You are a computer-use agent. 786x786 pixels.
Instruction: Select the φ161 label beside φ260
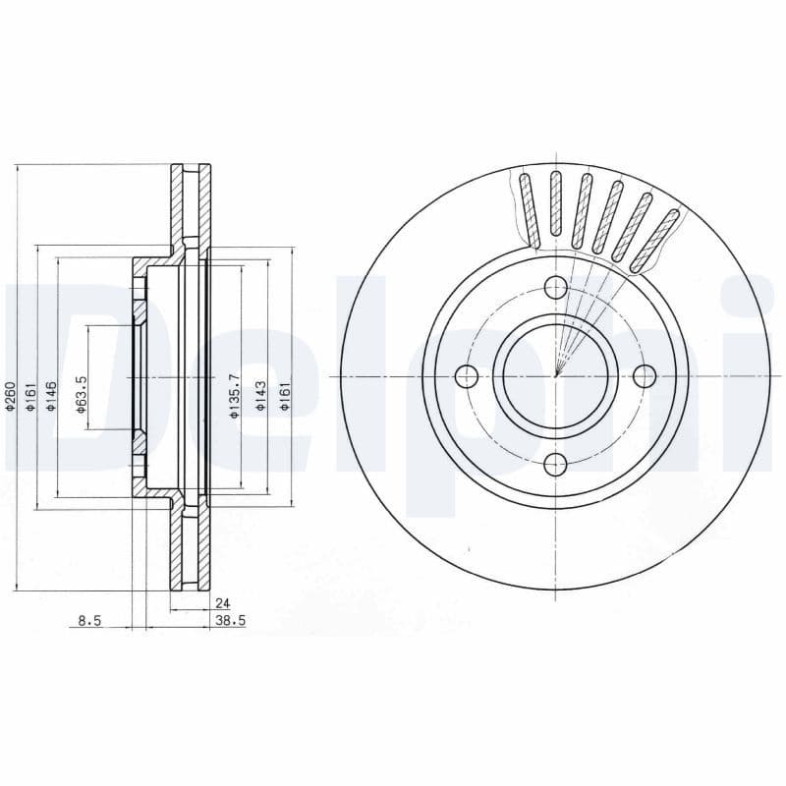tap(31, 397)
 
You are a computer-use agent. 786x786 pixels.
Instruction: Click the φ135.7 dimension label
tap(234, 396)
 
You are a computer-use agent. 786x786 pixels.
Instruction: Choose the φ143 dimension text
tap(260, 397)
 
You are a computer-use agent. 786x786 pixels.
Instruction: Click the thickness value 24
tap(222, 604)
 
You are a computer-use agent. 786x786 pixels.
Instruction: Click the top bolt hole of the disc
tap(555, 287)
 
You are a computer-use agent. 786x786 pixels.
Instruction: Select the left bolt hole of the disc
tap(467, 375)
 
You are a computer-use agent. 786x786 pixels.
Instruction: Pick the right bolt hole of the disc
tap(645, 375)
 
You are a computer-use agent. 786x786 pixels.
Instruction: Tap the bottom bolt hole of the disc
tap(555, 465)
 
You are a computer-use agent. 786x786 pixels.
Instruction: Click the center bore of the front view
tap(555, 375)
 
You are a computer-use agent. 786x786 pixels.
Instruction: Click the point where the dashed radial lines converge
tap(556, 373)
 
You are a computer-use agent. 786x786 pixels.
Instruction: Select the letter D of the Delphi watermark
tap(59, 373)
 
